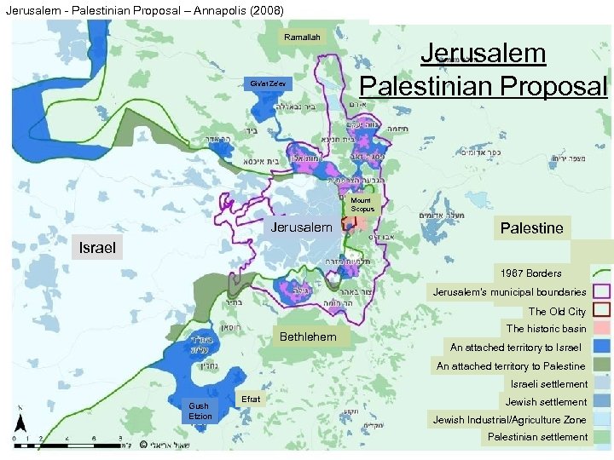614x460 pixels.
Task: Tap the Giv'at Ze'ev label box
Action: pyautogui.click(x=269, y=84)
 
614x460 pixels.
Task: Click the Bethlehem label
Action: pyautogui.click(x=308, y=337)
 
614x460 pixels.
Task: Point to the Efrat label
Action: pyautogui.click(x=251, y=399)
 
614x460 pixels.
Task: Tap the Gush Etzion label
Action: pyautogui.click(x=200, y=411)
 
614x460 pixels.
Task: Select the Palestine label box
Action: pyautogui.click(x=531, y=227)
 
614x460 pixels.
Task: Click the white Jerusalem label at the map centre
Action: pyautogui.click(x=301, y=227)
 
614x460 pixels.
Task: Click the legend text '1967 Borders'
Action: pyautogui.click(x=531, y=273)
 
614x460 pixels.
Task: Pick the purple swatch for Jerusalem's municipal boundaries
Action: pyautogui.click(x=600, y=292)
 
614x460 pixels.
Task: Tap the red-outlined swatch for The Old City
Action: pyautogui.click(x=600, y=311)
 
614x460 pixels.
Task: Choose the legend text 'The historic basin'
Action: pyautogui.click(x=546, y=329)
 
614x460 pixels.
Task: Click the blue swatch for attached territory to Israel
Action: pyautogui.click(x=600, y=348)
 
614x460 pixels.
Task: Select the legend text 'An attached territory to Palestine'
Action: pyautogui.click(x=511, y=366)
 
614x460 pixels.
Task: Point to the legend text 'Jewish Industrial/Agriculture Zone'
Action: pyautogui.click(x=509, y=420)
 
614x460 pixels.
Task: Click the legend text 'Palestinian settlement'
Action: pyautogui.click(x=537, y=437)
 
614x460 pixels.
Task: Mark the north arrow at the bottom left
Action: pyautogui.click(x=23, y=426)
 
